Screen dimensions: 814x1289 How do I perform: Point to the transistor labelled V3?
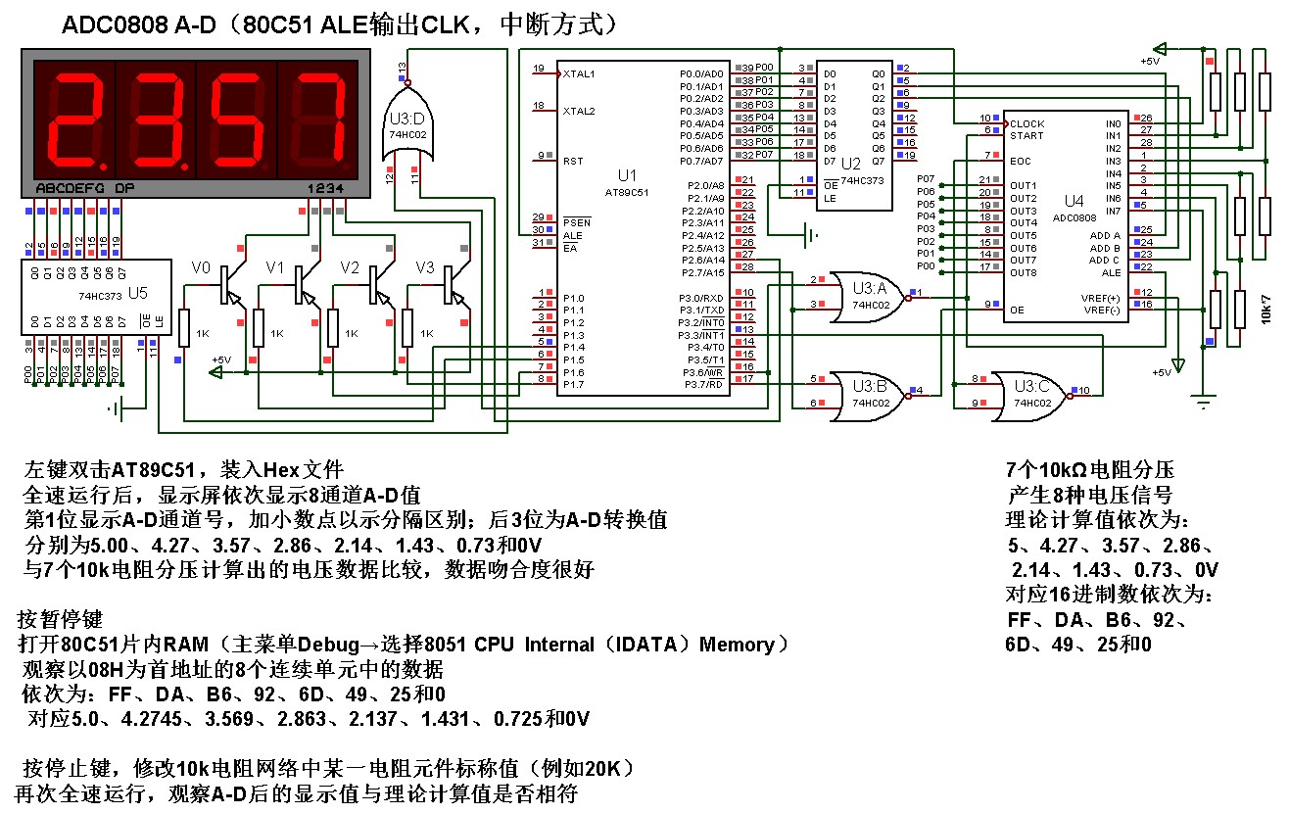coord(453,284)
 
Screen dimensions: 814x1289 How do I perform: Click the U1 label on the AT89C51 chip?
coord(627,174)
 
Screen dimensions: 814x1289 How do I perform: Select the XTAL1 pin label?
coord(579,73)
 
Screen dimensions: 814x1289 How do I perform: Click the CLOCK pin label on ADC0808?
coord(1027,124)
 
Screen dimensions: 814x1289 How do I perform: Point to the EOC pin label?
coord(1021,161)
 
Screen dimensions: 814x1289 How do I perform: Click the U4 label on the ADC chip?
coord(1074,201)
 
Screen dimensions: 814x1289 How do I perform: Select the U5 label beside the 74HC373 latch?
coord(138,292)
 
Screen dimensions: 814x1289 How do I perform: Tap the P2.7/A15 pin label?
coord(701,272)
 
